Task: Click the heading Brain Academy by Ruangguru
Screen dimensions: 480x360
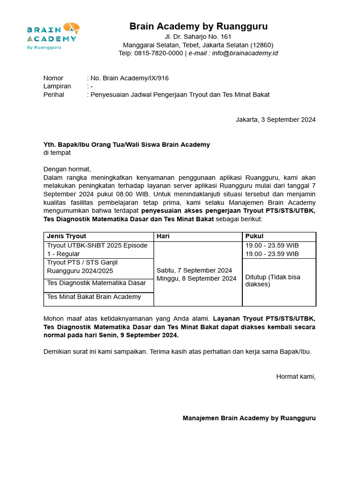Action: click(198, 26)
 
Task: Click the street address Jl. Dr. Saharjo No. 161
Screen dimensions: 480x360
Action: click(198, 37)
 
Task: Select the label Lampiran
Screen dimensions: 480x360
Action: click(57, 86)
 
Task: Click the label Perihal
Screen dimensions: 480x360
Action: click(54, 94)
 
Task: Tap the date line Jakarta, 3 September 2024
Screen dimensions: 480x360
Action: click(275, 120)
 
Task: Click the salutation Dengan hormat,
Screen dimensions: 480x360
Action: click(67, 169)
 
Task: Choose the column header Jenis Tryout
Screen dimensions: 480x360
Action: click(67, 236)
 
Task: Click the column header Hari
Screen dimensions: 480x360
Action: click(163, 236)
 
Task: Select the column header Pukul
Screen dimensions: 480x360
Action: click(255, 236)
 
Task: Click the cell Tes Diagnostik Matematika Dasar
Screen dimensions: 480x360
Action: click(96, 283)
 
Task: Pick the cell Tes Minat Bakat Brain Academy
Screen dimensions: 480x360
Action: click(94, 297)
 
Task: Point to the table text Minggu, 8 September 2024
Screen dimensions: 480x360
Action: click(196, 278)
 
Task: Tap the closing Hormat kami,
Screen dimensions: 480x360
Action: click(296, 376)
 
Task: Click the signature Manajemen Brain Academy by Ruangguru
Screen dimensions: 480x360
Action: click(249, 418)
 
